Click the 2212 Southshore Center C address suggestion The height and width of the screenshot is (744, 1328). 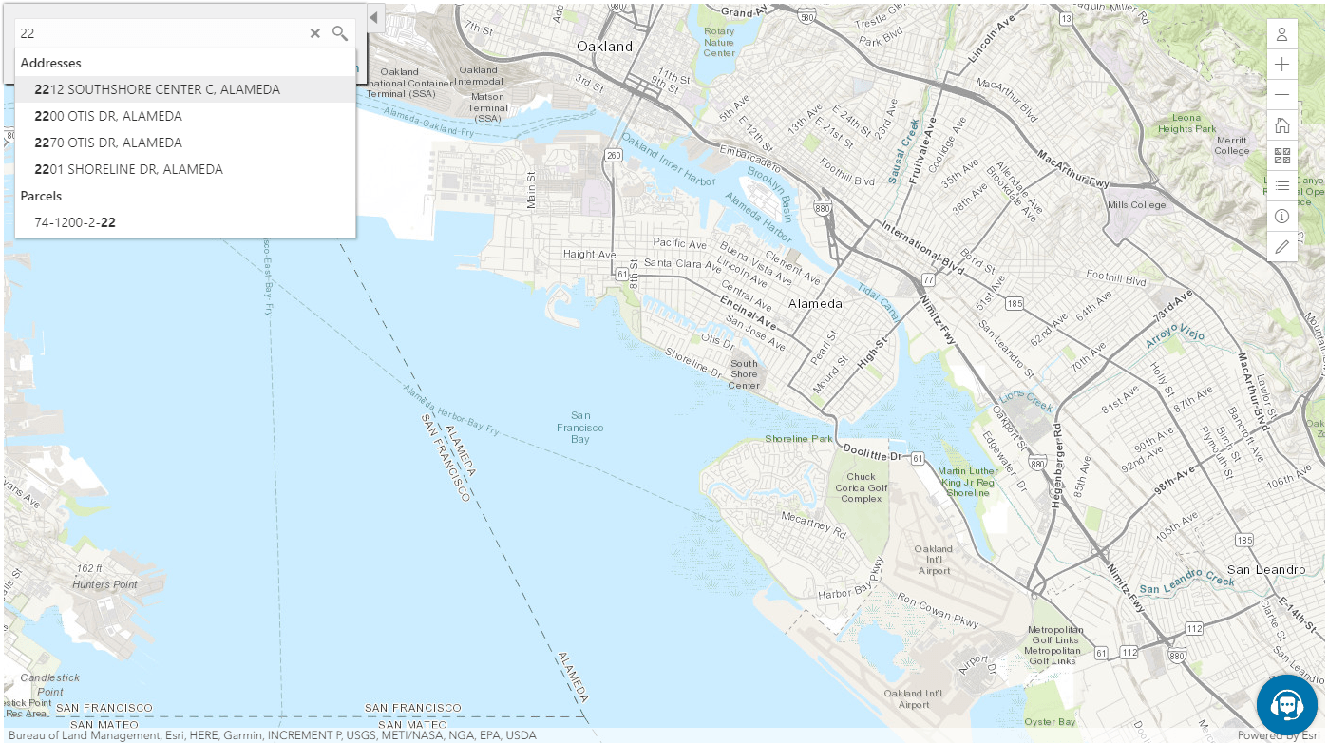point(157,89)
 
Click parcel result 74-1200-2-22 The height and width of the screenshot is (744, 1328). point(75,222)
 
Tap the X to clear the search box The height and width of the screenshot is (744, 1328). point(315,33)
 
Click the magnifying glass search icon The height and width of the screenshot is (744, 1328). point(340,33)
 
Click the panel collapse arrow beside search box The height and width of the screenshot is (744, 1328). point(373,18)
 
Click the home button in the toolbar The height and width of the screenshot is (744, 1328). point(1281,125)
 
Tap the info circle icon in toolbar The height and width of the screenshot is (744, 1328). point(1281,217)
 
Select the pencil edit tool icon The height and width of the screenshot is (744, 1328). point(1281,247)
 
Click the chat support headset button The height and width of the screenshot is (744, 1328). point(1286,705)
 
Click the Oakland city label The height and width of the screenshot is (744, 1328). point(604,46)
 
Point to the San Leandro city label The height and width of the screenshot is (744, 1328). point(1266,569)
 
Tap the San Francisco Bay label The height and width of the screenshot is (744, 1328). point(580,428)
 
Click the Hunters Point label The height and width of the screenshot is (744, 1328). point(104,584)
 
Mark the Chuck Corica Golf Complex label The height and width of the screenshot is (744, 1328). point(861,487)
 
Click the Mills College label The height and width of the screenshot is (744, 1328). point(1135,204)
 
